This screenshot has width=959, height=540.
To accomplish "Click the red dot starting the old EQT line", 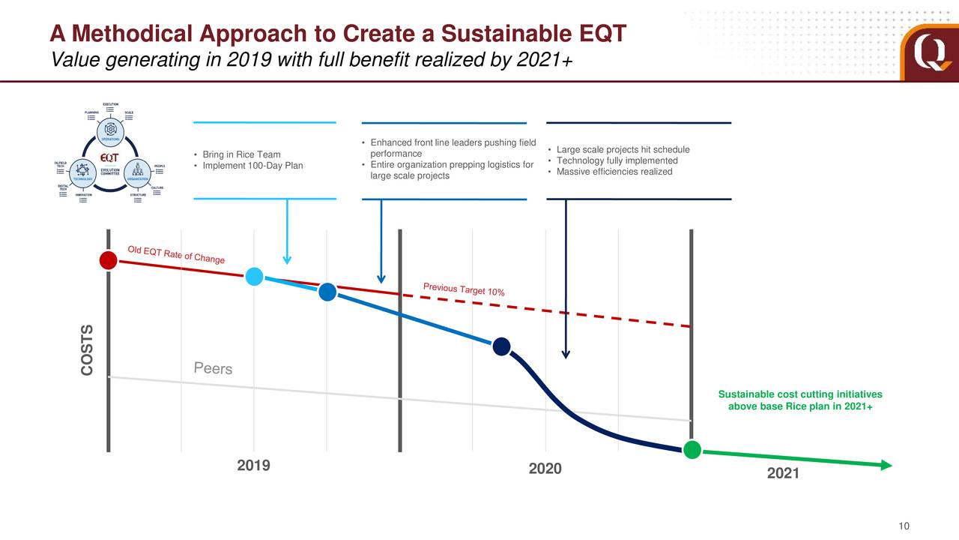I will click(x=108, y=260).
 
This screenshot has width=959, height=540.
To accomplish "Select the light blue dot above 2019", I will click(x=254, y=277).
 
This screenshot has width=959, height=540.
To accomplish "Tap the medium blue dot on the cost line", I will click(x=327, y=292).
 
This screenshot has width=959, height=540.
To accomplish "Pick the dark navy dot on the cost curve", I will click(x=501, y=346).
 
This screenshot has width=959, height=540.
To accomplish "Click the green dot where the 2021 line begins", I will click(x=692, y=450).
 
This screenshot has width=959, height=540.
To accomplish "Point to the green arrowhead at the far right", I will click(x=887, y=465).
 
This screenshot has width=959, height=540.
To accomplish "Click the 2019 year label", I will click(x=253, y=466).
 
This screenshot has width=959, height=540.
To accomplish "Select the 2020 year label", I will click(x=545, y=469).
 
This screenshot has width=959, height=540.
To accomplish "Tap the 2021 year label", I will click(x=783, y=474).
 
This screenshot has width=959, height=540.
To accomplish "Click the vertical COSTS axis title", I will click(x=88, y=350).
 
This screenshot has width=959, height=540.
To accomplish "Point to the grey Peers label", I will click(x=213, y=368).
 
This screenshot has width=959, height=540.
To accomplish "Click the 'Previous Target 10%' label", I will click(x=463, y=289).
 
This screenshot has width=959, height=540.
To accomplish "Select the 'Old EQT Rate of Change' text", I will click(x=176, y=255).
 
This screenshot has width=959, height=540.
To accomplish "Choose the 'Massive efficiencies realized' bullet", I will click(x=614, y=172).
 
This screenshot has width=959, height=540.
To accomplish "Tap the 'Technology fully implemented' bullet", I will click(x=617, y=161).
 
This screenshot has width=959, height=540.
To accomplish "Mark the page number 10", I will click(x=904, y=526).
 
